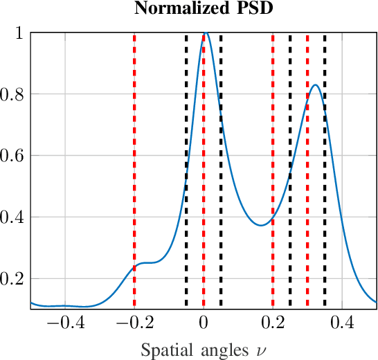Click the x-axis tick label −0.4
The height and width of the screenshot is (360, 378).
[65, 323]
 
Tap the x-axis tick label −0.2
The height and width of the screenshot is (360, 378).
[134, 323]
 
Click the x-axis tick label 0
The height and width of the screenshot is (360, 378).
[204, 323]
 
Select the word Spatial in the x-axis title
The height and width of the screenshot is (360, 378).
[163, 350]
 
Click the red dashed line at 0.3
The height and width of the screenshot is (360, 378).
[307, 173]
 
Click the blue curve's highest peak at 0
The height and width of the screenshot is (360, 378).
[205, 33]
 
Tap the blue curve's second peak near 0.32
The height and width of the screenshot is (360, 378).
[315, 85]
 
